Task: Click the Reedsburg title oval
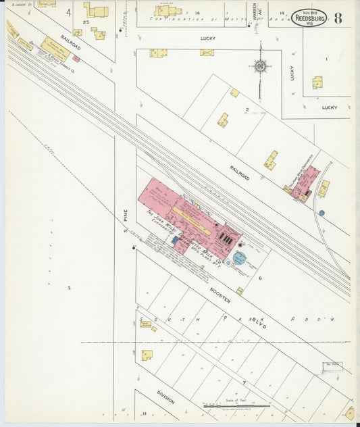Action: coord(309,18)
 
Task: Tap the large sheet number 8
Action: coord(338,18)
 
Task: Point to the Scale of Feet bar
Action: coord(236,407)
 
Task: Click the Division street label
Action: coord(166,396)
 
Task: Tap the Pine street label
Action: coord(126,215)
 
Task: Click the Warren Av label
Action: coord(255,14)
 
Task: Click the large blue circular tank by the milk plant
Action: coord(240,259)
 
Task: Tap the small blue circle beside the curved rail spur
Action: coord(322,213)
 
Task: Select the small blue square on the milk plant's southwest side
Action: coord(176,239)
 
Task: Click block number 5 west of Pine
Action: coord(69,288)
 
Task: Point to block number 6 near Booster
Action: coord(259,278)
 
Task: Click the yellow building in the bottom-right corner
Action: coord(349,412)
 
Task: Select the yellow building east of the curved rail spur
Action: coord(324,189)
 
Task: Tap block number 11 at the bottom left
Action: coord(144,413)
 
